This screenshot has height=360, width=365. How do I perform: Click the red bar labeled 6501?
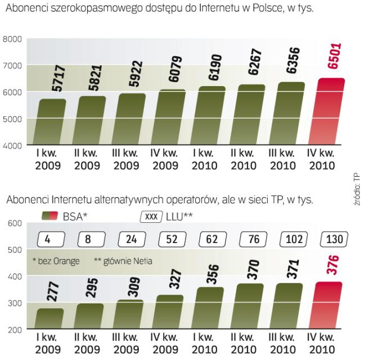(x=325, y=112)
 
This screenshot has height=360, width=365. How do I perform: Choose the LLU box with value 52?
(x=169, y=238)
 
